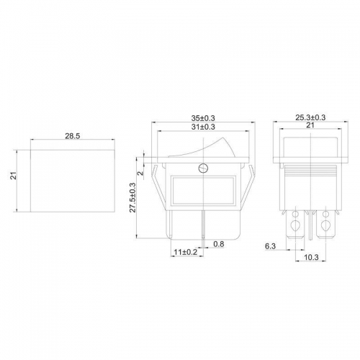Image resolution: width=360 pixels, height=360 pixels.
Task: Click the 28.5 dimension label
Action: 72,136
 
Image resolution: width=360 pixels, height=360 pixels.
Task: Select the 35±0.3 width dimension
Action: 203,118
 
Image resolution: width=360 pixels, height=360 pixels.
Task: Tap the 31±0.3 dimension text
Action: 203,127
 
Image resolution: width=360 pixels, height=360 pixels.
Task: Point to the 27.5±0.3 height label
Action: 132,197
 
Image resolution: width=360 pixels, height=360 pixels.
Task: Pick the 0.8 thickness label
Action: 219,244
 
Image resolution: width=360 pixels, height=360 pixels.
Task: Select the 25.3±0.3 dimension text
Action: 310,117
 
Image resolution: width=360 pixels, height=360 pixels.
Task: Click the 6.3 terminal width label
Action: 270,246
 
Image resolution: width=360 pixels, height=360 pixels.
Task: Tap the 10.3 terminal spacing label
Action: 311,257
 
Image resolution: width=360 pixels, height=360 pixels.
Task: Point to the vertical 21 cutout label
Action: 14,176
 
